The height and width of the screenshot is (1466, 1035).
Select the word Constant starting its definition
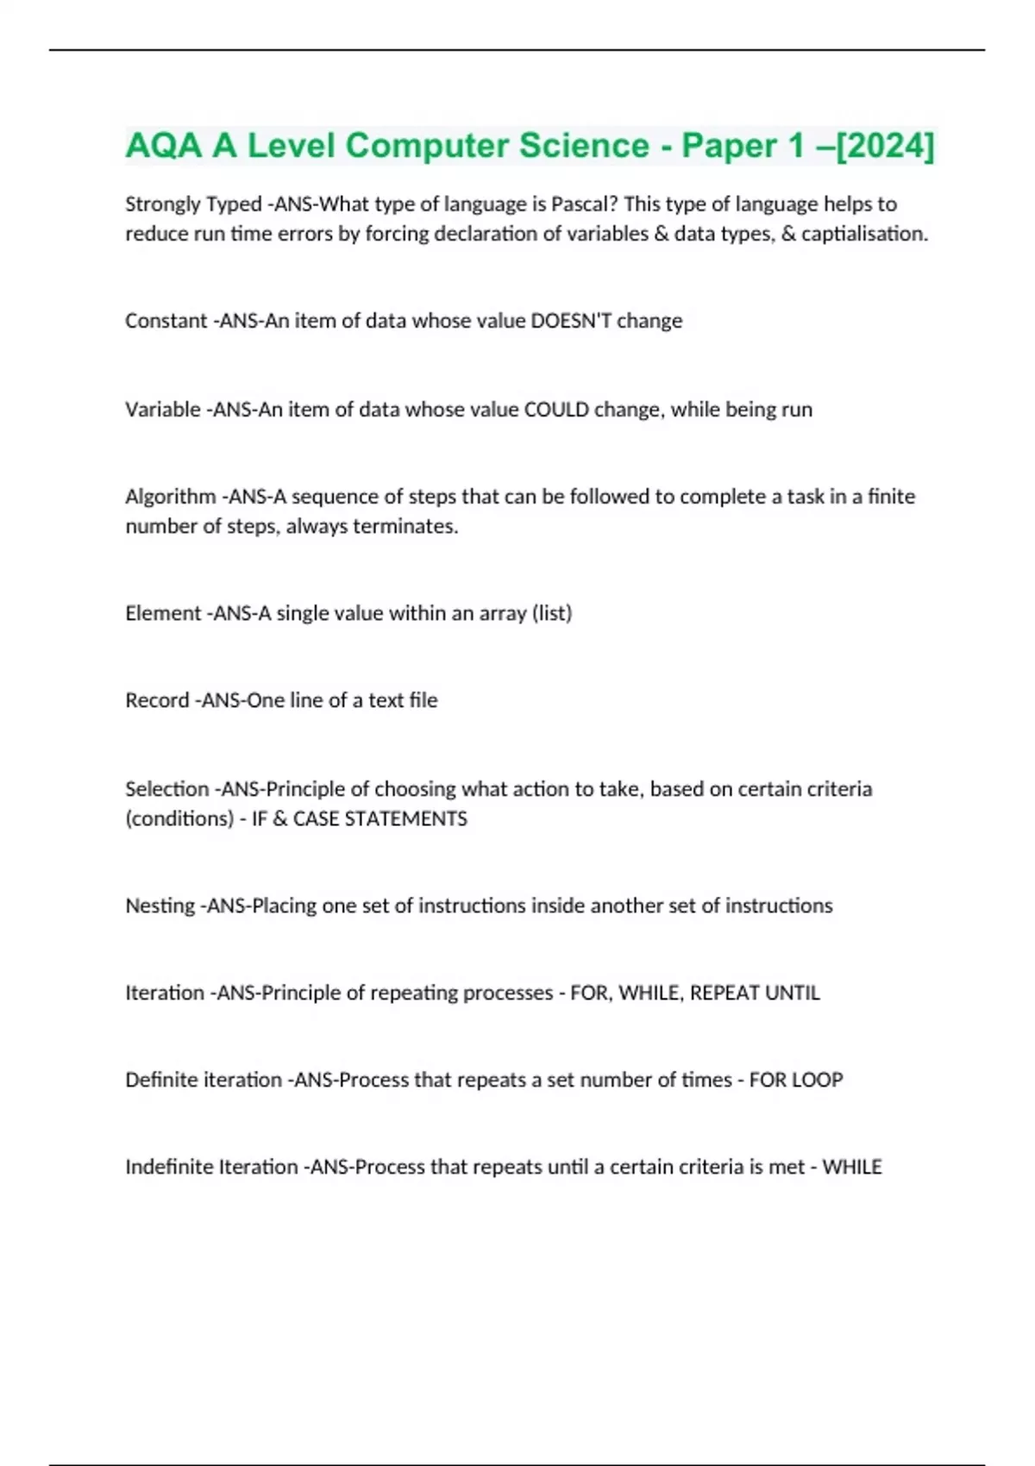[x=166, y=321]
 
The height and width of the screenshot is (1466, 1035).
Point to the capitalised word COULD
[x=555, y=410]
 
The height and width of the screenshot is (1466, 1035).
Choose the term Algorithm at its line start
[x=170, y=497]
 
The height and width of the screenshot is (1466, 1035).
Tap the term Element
[x=163, y=613]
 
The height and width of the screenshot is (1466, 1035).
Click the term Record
[x=156, y=700]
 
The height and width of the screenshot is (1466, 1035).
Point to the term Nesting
[x=160, y=905]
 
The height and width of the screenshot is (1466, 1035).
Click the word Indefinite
[x=168, y=1167]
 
